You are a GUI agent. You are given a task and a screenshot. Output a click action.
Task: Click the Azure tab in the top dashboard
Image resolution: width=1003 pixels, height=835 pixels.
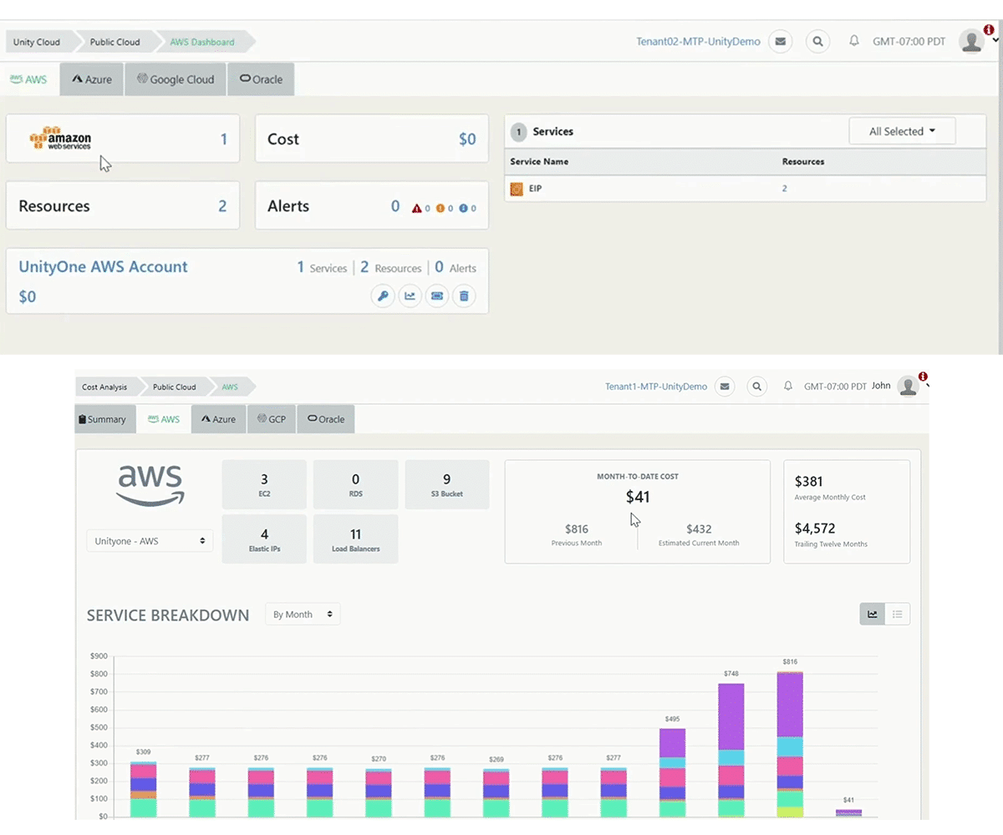pos(92,79)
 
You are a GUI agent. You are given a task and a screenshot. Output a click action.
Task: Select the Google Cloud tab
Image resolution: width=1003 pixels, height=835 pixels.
pos(176,79)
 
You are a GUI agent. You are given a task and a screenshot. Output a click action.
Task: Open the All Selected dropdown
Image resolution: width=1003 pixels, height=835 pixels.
pos(902,131)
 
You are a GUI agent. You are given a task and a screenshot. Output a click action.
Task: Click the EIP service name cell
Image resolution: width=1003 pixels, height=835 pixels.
pos(535,189)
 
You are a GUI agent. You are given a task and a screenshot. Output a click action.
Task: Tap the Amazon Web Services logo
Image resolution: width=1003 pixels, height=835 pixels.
pos(60,139)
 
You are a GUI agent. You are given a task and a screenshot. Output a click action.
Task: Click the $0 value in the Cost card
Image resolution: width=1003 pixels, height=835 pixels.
pos(467,139)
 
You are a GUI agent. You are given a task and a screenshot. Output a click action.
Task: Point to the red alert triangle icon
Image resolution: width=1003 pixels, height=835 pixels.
pos(417,208)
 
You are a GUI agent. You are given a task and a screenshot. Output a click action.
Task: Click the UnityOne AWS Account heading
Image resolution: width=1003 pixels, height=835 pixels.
pos(103,267)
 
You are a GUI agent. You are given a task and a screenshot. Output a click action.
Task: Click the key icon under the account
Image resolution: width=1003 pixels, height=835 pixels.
pos(383,296)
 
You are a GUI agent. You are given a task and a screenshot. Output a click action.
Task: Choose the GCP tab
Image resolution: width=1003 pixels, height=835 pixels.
pos(272,419)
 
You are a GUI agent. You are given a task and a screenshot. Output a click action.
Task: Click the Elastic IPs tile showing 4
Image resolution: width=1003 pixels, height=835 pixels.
pos(264,539)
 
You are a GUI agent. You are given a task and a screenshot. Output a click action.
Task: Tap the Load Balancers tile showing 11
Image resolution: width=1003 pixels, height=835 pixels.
pos(355,539)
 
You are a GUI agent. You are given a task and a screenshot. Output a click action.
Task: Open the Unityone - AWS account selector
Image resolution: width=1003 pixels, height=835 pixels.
pos(150,541)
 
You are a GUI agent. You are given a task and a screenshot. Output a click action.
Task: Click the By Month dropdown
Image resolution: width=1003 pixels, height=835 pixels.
pos(303,615)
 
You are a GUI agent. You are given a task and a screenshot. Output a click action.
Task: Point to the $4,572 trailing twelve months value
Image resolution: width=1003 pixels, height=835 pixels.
pos(815,529)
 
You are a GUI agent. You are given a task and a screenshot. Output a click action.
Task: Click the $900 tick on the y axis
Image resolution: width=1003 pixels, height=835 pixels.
pos(99,656)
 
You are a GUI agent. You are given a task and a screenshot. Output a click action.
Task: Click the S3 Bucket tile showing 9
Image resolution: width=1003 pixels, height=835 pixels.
pos(446,484)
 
